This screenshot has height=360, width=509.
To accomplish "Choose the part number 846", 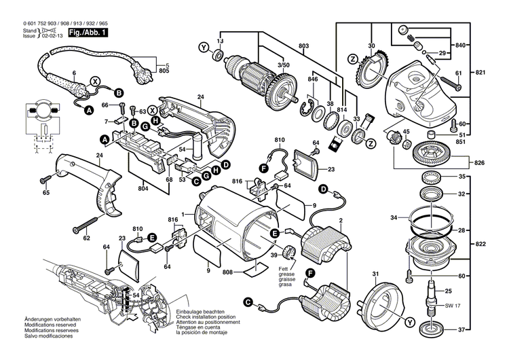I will pos(312,79).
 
